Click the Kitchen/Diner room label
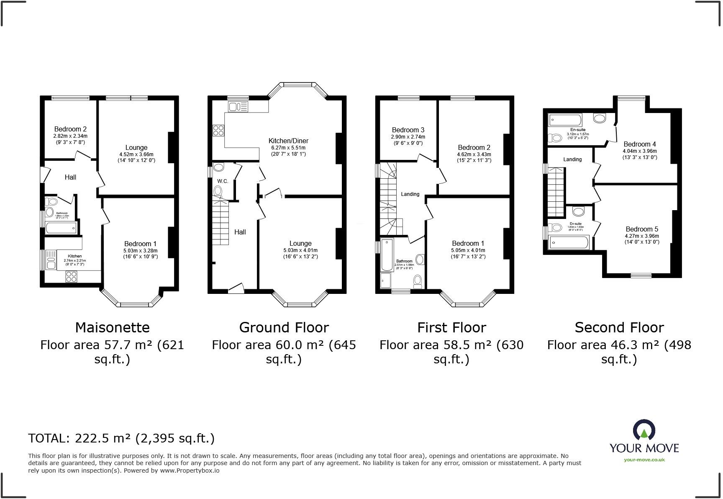coord(288,141)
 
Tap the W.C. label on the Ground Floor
coord(222,181)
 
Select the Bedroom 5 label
coord(642,229)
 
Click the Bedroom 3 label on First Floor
coord(408,130)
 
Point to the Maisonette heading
coord(112,327)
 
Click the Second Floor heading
coord(619,327)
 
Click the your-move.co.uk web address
coord(644,460)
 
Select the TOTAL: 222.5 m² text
coord(121,438)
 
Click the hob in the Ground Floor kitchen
coord(218,130)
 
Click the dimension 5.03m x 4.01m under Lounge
coord(300,250)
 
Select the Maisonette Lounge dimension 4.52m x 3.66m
coord(136,154)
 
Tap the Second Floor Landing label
coord(572,159)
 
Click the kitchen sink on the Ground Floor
coord(238,107)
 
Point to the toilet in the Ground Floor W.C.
coord(218,192)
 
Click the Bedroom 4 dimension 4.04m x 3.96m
coord(640,151)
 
